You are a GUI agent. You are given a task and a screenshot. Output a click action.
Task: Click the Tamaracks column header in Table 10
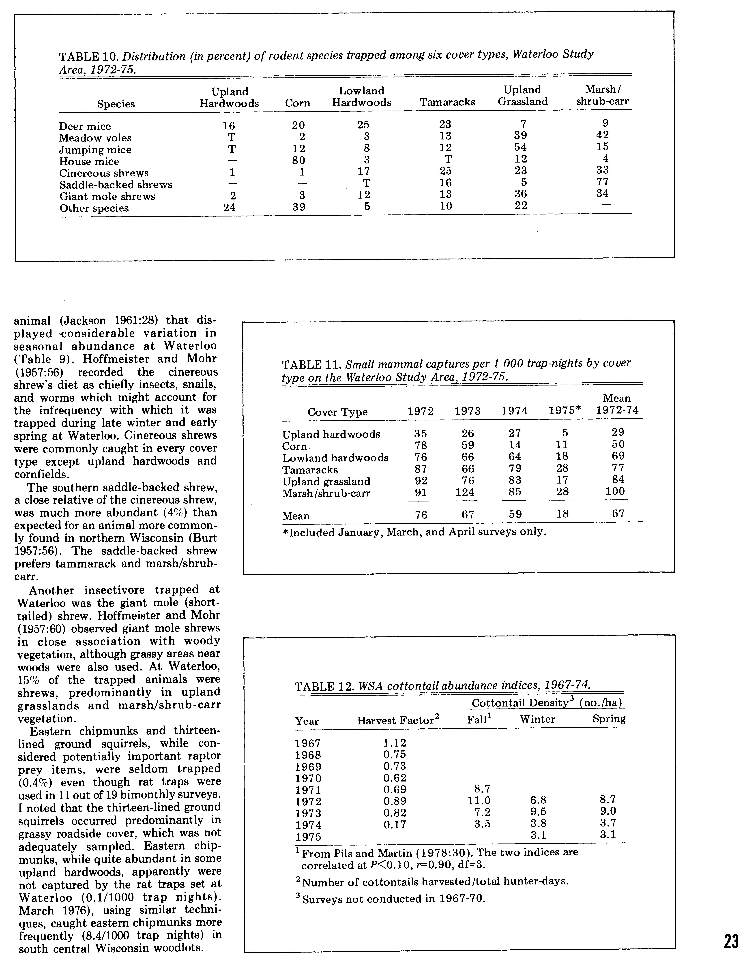[x=447, y=102]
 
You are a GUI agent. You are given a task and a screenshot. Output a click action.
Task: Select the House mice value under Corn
[x=298, y=160]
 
